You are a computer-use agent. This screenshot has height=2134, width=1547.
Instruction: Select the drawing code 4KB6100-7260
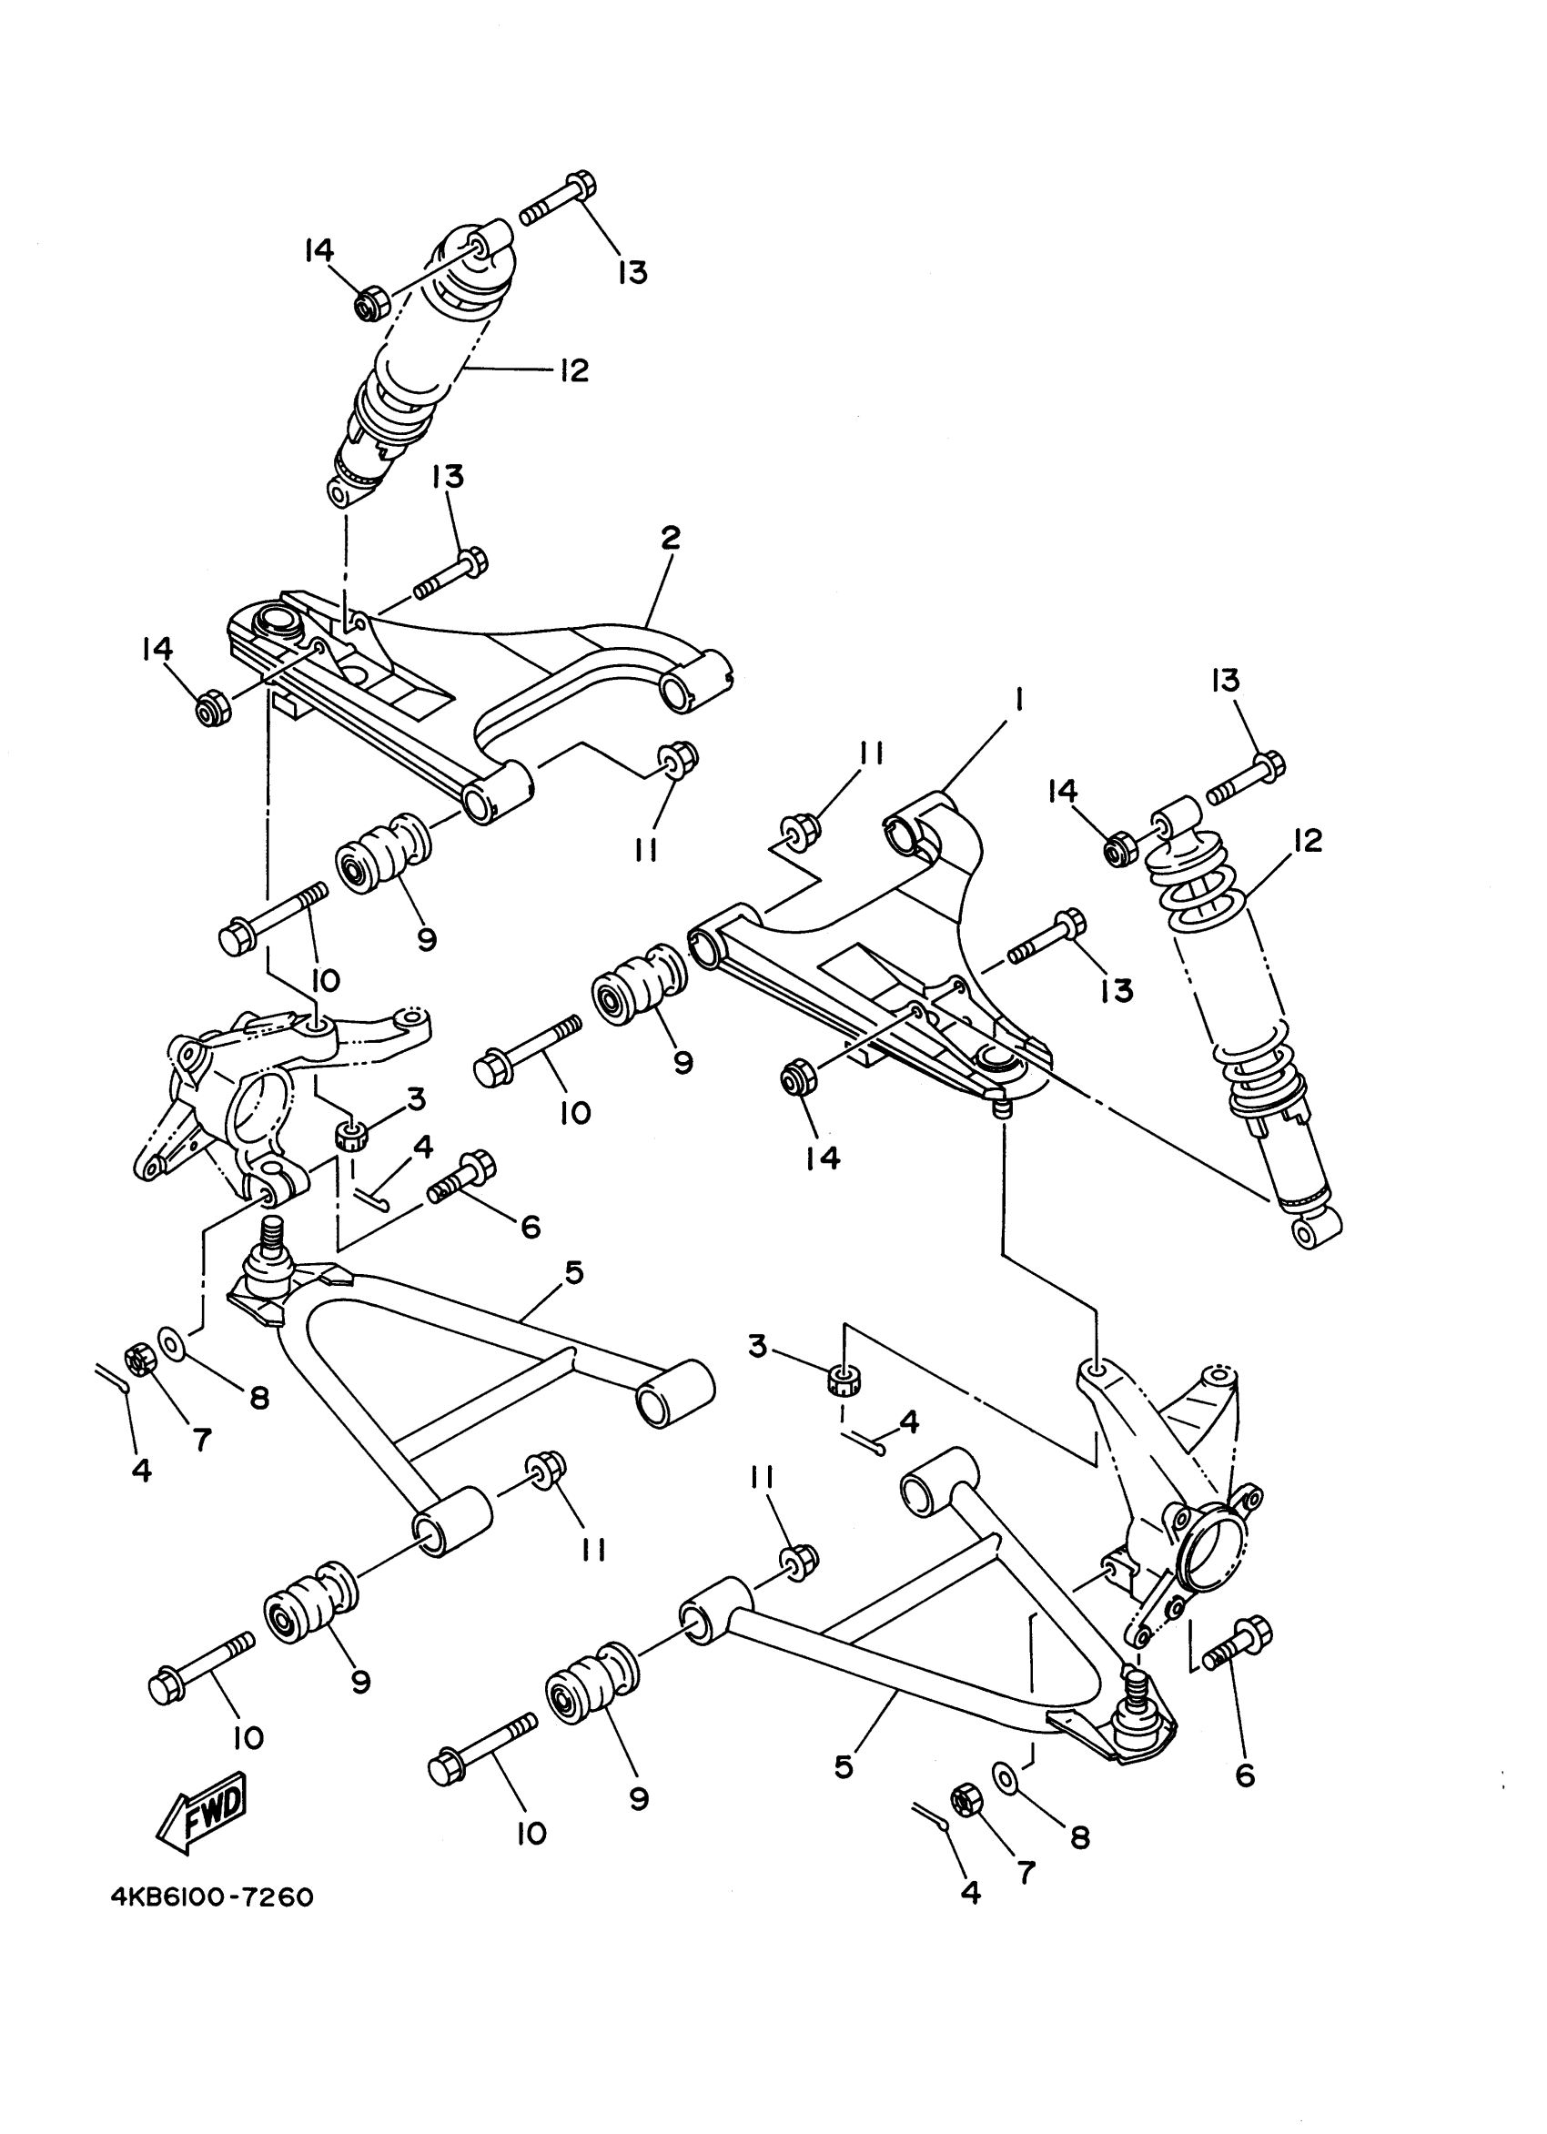click(212, 1923)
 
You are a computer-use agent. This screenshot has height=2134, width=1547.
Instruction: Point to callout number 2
click(669, 538)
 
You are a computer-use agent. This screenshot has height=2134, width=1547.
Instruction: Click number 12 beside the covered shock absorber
click(573, 369)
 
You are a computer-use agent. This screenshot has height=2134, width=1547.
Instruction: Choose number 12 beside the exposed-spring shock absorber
click(1307, 839)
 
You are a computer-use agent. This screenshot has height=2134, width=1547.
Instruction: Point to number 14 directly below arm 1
click(823, 1158)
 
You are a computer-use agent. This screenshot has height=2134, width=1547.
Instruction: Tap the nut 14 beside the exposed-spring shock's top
click(1120, 850)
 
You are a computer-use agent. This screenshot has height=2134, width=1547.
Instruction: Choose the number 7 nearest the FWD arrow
click(201, 1437)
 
